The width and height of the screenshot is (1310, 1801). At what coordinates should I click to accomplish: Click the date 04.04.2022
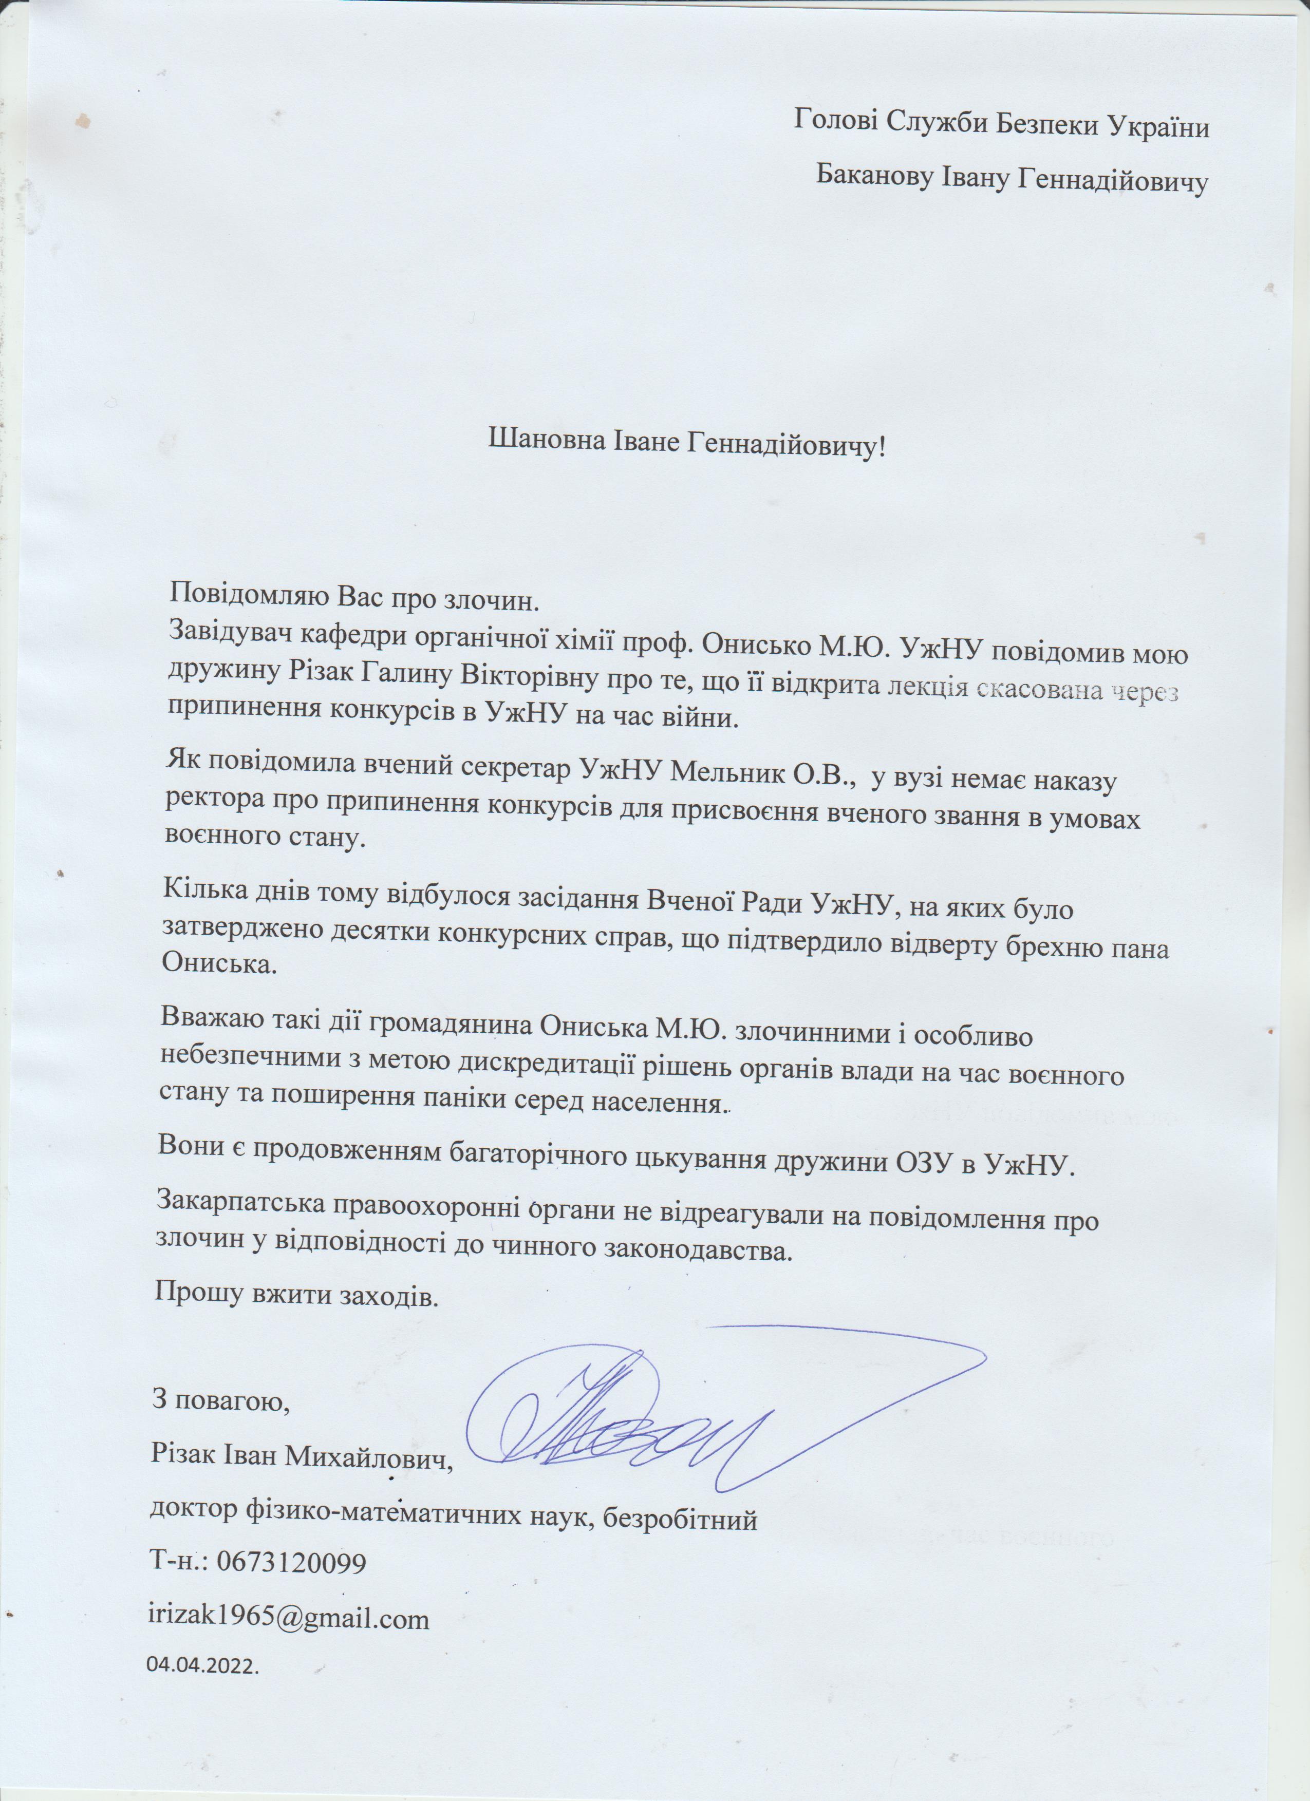(202, 1665)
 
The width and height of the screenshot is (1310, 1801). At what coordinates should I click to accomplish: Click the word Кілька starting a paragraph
(204, 888)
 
